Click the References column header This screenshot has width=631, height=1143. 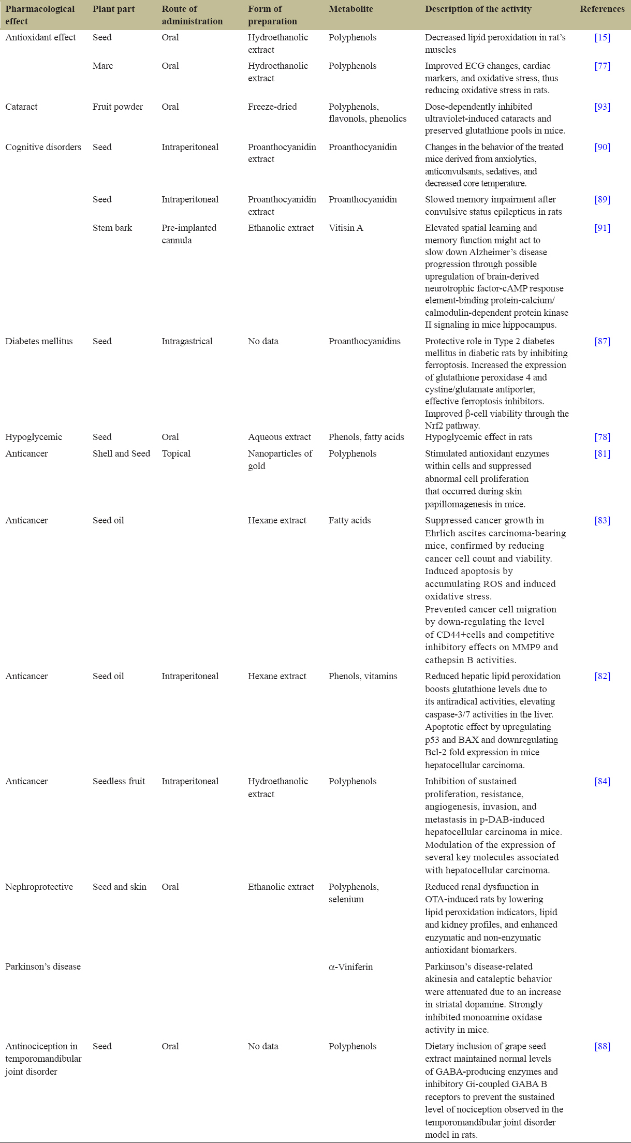602,9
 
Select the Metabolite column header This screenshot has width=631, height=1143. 350,9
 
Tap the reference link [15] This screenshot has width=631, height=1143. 602,38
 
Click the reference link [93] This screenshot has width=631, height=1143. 602,107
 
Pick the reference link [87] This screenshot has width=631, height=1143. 602,342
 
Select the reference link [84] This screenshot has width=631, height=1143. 602,782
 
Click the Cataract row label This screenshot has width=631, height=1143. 21,107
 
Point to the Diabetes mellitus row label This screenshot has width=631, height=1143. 39,342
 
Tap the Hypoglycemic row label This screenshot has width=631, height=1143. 34,437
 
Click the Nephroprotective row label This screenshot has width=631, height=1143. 39,887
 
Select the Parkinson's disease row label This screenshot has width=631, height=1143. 43,967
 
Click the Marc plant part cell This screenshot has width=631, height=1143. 102,66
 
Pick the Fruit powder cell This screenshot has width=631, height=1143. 118,107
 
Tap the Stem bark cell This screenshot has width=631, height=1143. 112,228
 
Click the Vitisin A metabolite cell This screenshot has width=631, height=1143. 346,228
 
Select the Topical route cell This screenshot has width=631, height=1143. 176,454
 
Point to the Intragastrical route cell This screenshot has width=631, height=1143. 187,342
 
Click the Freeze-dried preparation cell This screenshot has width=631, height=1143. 272,107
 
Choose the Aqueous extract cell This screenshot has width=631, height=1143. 280,437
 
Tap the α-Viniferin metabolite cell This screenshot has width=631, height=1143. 350,967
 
